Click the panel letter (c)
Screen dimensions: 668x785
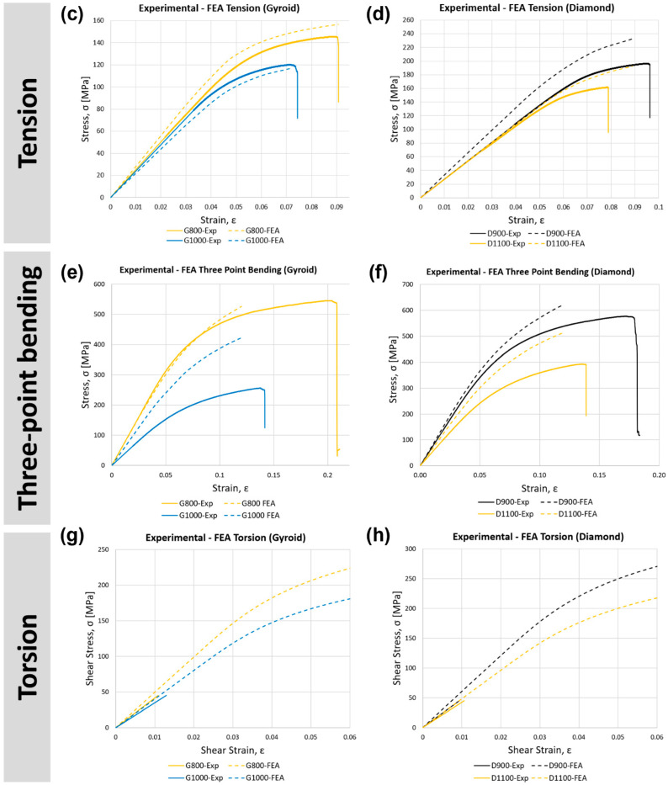coord(72,13)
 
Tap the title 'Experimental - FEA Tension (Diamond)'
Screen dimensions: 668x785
coord(527,8)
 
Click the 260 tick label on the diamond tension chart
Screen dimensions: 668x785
coord(407,20)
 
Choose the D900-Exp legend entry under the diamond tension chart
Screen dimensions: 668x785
coord(496,233)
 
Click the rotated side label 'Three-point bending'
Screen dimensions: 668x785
coord(28,388)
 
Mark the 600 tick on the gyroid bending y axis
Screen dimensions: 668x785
coord(98,284)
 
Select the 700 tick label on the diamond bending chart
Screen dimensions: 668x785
coord(407,284)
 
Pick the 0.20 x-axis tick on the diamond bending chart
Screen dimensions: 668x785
coord(659,475)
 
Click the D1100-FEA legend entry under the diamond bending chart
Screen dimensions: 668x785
coord(569,513)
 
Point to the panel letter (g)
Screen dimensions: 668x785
coord(72,536)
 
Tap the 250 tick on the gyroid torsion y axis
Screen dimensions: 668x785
coord(103,549)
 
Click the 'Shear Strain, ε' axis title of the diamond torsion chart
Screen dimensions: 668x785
coord(539,750)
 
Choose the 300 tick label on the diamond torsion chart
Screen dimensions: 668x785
coord(410,549)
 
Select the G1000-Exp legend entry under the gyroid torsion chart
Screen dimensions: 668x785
coord(196,778)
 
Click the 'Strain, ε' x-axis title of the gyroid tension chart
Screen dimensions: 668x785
coord(219,220)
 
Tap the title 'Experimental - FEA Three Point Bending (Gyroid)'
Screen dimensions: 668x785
coord(218,270)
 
